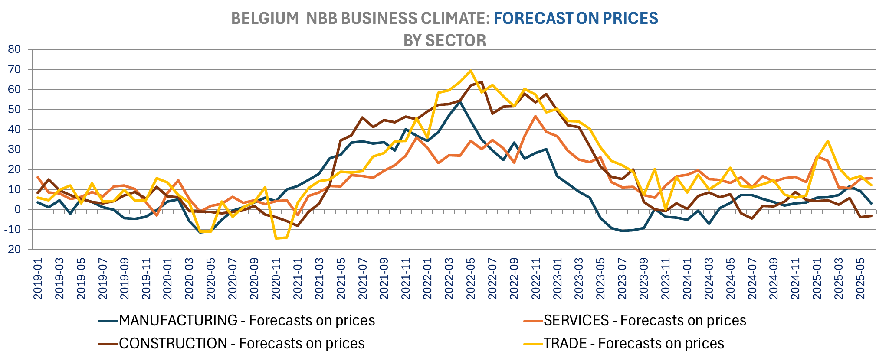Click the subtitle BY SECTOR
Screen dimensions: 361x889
point(445,40)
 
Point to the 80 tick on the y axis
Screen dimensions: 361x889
point(14,49)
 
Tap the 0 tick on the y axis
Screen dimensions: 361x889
point(17,210)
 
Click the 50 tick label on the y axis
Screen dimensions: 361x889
point(14,110)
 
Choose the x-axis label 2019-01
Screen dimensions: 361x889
point(38,279)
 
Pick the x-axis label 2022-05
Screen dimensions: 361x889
point(471,279)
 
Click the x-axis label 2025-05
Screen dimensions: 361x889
point(860,279)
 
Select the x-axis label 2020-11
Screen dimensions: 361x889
point(276,279)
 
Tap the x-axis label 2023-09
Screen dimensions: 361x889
point(644,279)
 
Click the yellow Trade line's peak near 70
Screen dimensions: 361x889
point(471,71)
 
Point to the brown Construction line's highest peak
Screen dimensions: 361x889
point(482,81)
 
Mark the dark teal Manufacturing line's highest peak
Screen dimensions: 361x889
point(460,101)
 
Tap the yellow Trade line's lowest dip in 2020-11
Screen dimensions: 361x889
point(276,238)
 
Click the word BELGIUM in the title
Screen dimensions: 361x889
point(265,18)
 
